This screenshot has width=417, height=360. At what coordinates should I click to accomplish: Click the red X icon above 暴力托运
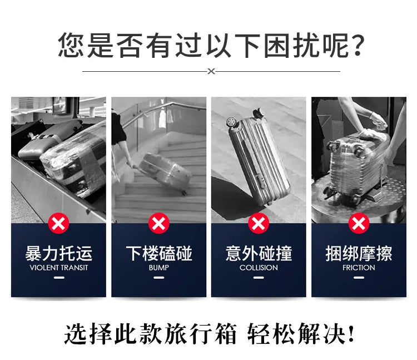pos(58,224)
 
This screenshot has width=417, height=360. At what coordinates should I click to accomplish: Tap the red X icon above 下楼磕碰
pos(158,224)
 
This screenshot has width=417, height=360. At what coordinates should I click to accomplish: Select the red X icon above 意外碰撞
pos(259,224)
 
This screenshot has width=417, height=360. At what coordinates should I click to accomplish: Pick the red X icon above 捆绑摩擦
pos(359,224)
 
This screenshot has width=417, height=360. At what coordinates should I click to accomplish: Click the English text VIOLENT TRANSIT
pos(58,268)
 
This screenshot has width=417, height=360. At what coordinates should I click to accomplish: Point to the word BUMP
pos(158,268)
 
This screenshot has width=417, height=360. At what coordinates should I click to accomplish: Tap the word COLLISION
pos(259,268)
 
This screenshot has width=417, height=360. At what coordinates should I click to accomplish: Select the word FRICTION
pos(359,268)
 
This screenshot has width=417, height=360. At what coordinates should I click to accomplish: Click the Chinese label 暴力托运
pos(58,254)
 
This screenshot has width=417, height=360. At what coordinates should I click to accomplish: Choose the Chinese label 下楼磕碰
pos(158,254)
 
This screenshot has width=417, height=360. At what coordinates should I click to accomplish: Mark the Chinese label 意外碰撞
pos(259,254)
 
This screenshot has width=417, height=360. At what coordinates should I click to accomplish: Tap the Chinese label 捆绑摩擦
pos(359,254)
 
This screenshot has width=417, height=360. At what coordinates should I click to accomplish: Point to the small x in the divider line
pos(211,71)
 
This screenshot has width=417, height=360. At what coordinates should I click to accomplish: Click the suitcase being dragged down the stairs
pos(164,172)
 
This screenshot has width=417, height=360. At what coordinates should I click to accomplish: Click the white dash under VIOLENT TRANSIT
pos(58,278)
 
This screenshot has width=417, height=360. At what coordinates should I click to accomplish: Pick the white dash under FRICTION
pos(359,278)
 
